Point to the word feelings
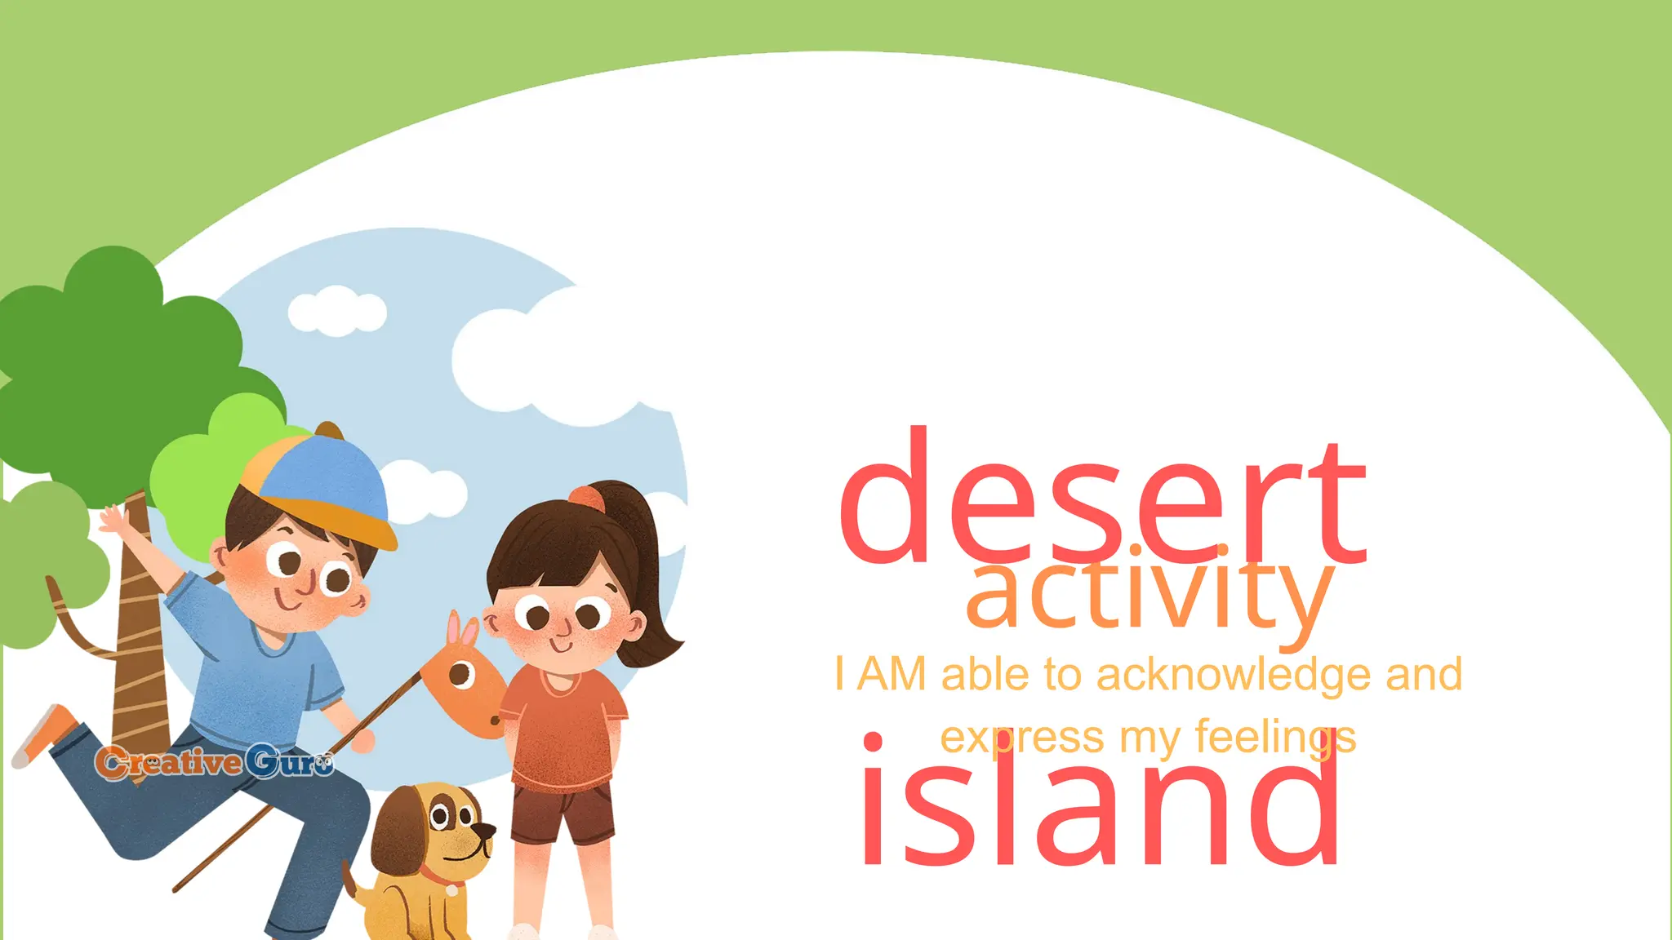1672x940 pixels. [1274, 738]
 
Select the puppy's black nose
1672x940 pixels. [487, 831]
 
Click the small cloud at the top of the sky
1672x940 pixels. [337, 310]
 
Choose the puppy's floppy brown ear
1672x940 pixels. [396, 840]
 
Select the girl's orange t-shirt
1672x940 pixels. [563, 726]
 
